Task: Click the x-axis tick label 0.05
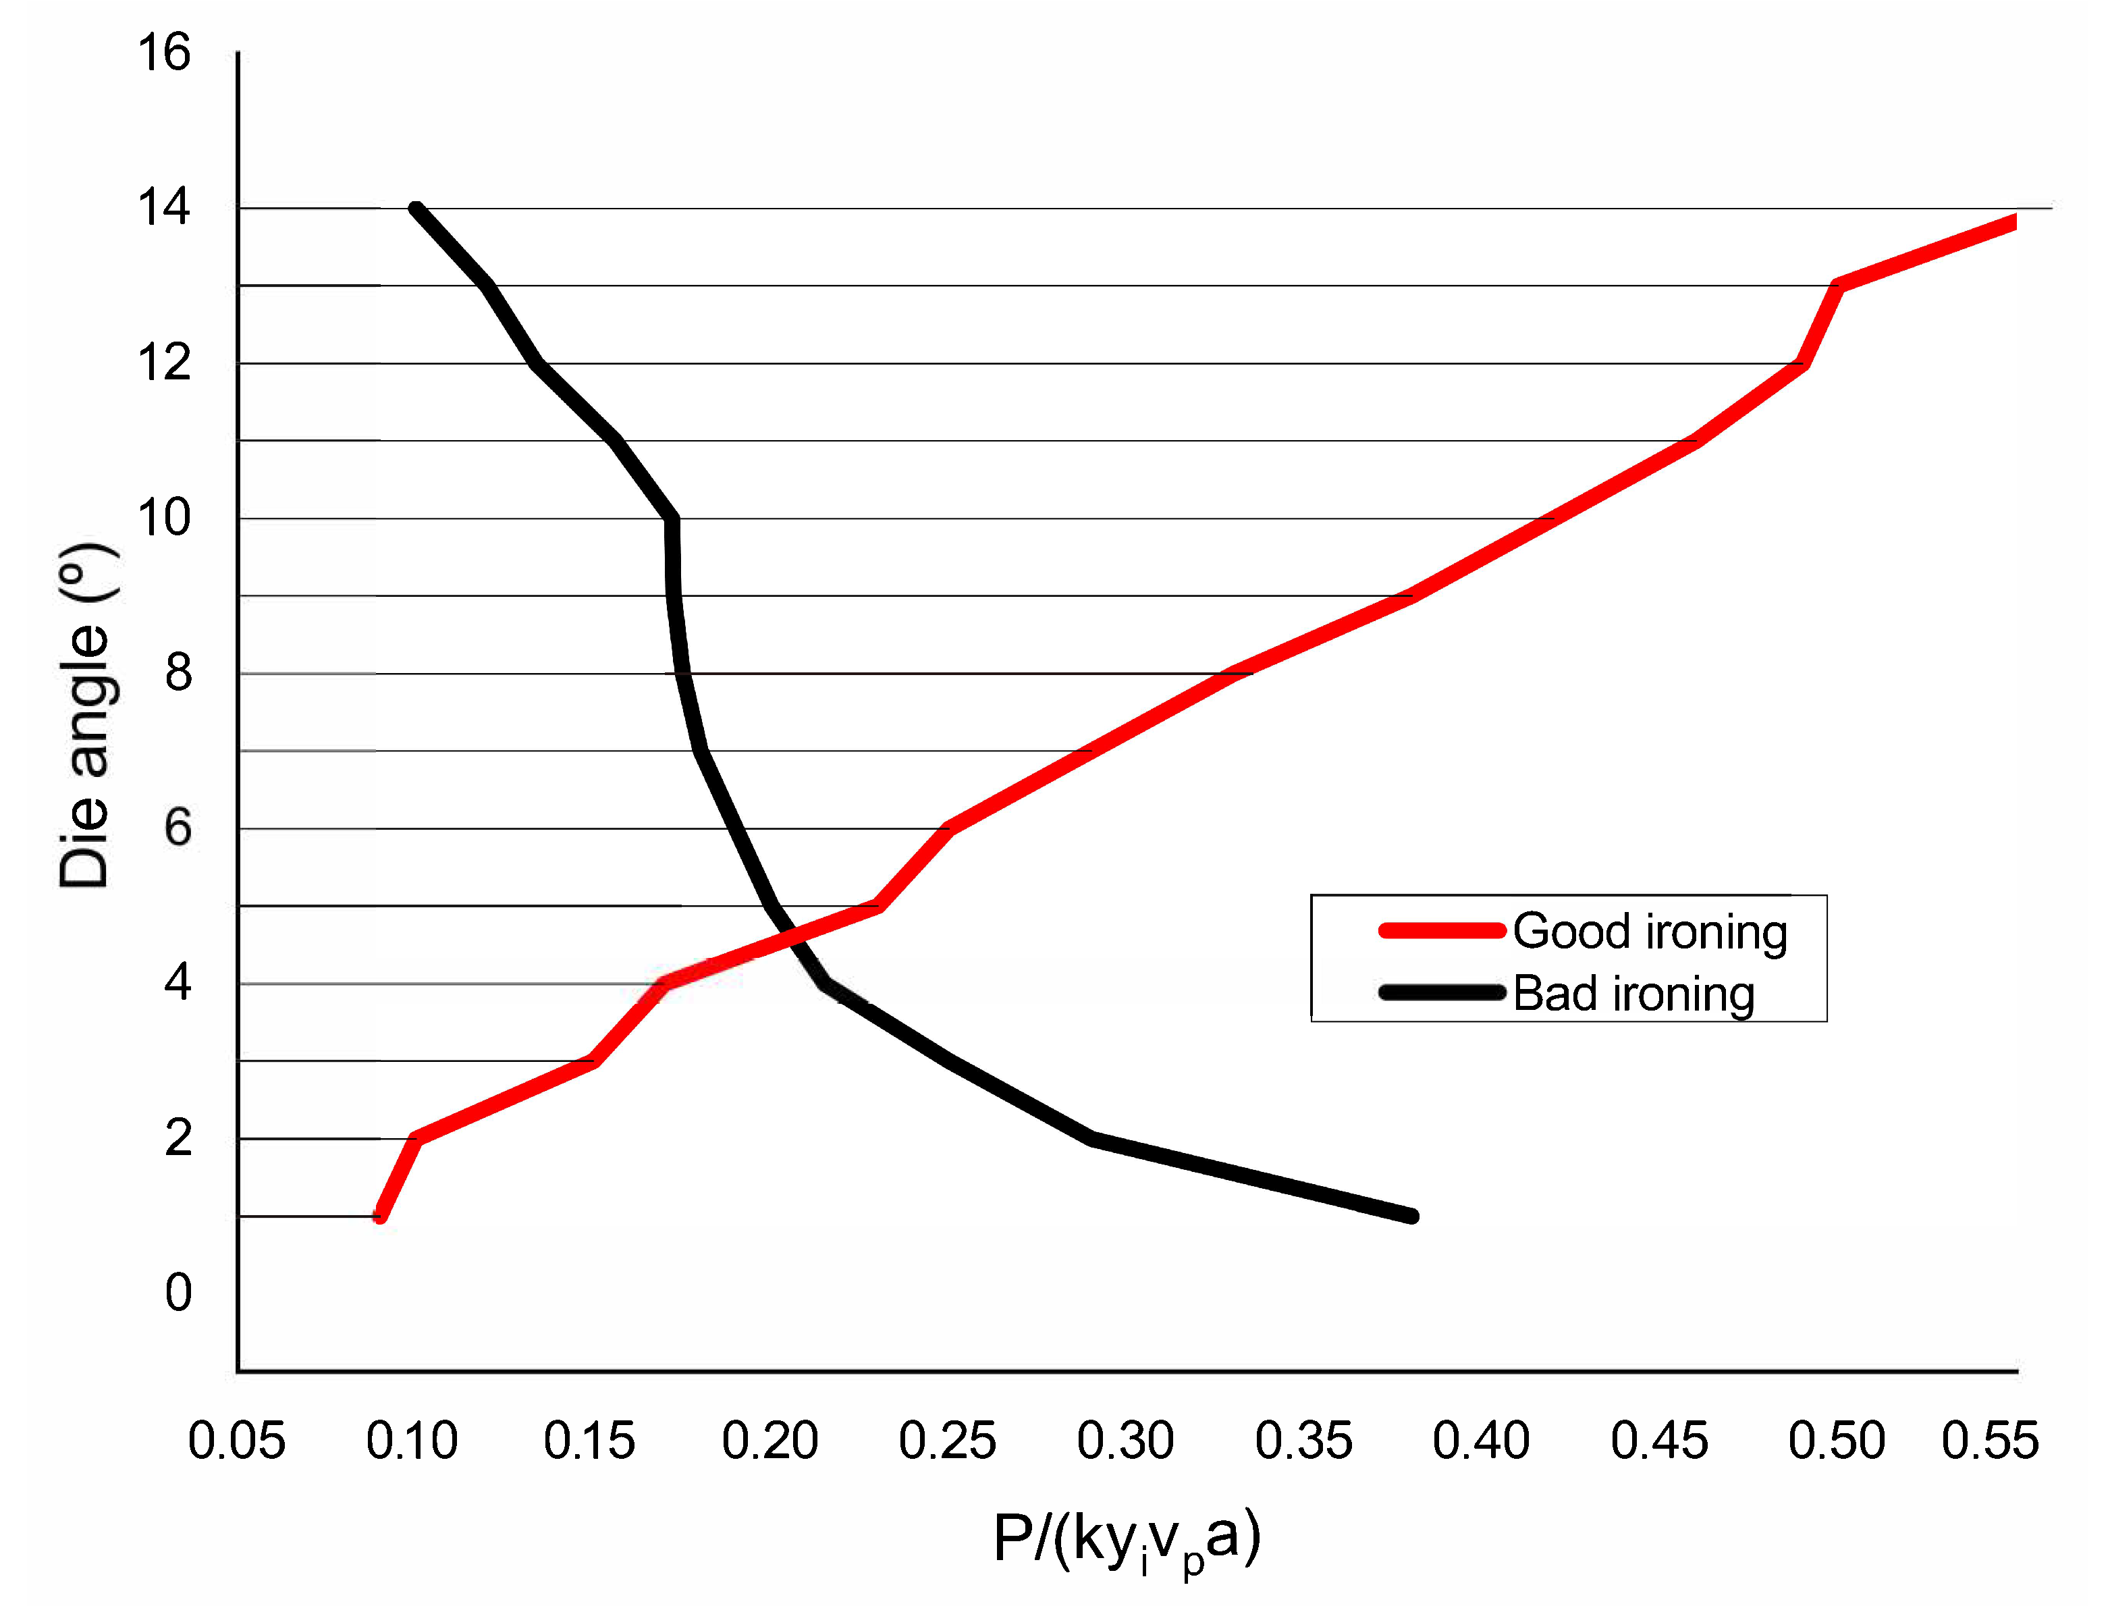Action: click(236, 1441)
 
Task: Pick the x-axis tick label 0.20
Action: click(769, 1441)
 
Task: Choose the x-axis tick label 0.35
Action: click(1303, 1441)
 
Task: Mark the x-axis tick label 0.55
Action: click(1991, 1441)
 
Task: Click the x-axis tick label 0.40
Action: click(1481, 1441)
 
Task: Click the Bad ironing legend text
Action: click(1634, 994)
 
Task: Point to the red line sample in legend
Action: click(1442, 931)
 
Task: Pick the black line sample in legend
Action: click(1442, 992)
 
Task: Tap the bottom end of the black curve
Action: click(1412, 1216)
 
